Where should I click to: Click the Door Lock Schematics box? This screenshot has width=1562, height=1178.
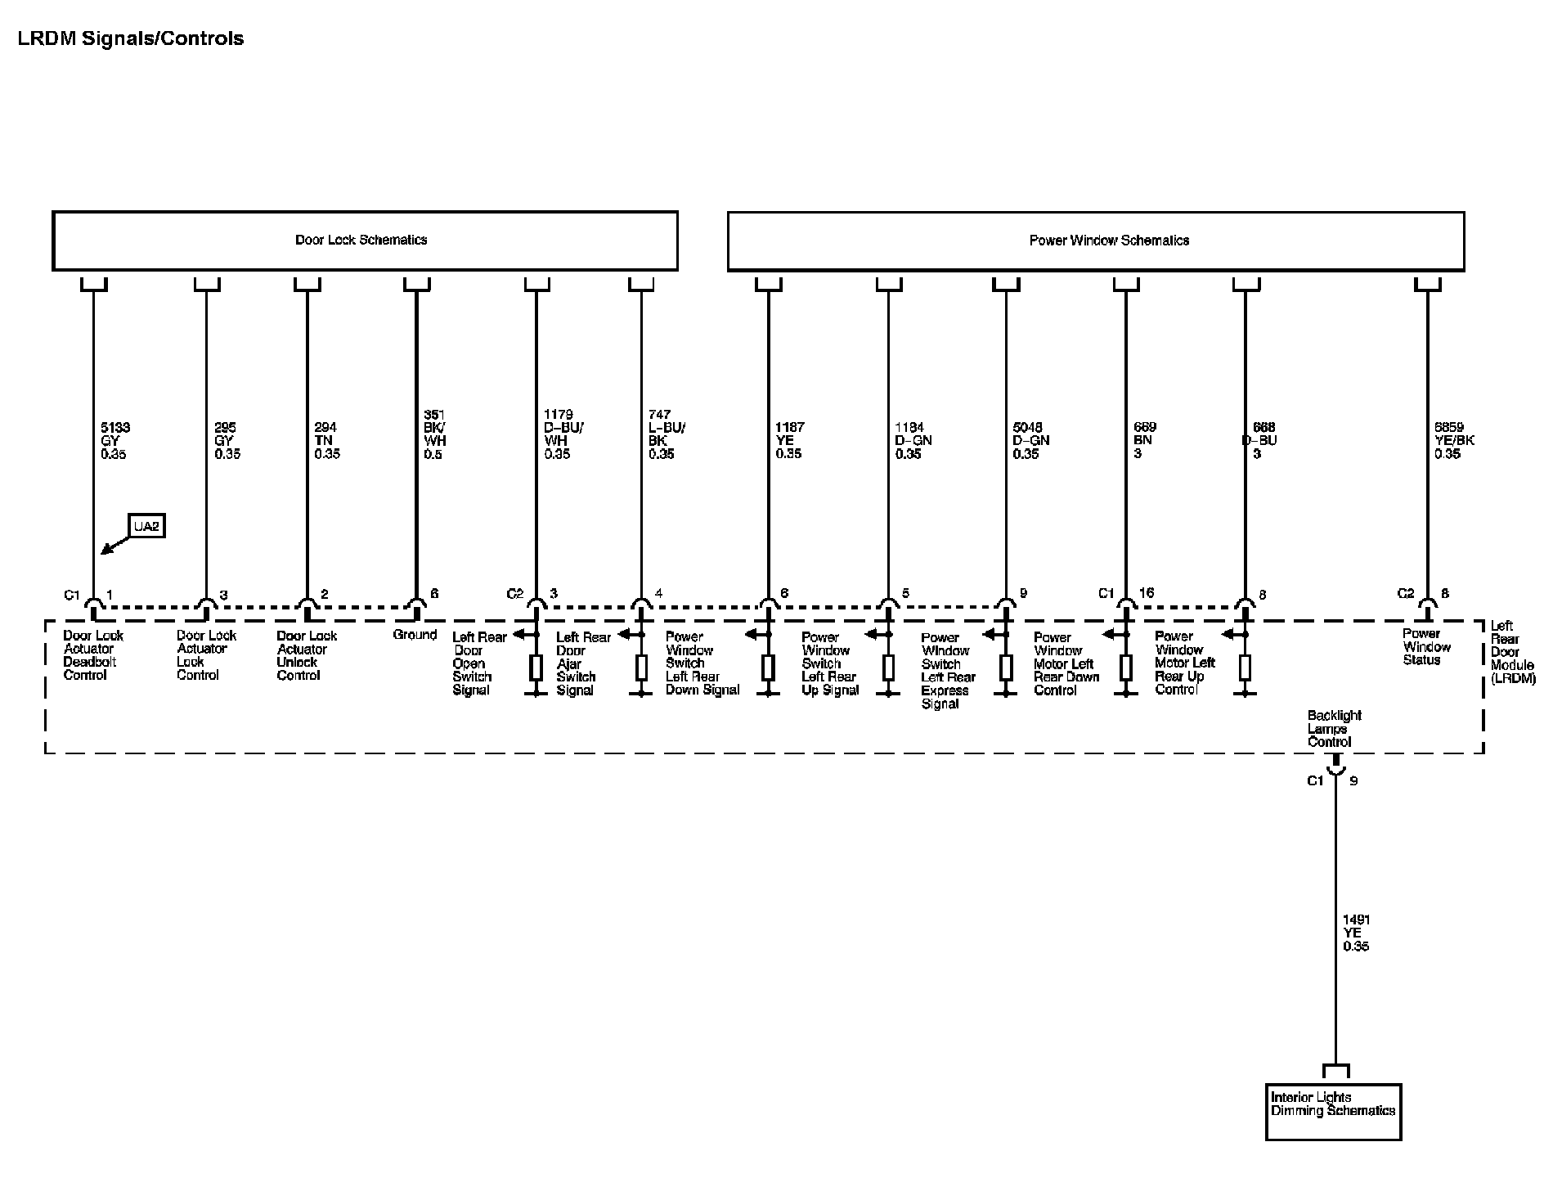[x=365, y=241]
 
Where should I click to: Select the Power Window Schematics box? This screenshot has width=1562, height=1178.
[x=1095, y=241]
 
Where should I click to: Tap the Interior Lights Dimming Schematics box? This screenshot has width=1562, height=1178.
[x=1333, y=1111]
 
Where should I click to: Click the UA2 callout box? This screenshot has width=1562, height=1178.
[x=146, y=526]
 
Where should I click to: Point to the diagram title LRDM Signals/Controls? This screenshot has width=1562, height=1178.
[x=131, y=38]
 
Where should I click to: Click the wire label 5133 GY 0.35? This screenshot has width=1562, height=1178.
[x=114, y=440]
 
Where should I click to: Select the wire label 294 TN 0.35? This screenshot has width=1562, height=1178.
[x=326, y=440]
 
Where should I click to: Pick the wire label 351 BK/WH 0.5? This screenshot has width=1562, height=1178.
[x=434, y=434]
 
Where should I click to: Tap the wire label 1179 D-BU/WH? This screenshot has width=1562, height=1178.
[x=563, y=434]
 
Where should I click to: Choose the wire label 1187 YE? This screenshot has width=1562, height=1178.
[x=789, y=440]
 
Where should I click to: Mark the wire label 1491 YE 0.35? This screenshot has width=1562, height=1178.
[x=1356, y=933]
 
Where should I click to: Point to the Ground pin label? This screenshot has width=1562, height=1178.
[x=415, y=635]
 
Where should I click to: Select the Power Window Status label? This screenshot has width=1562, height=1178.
[x=1426, y=646]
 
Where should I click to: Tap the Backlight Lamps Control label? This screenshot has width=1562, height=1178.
[x=1334, y=728]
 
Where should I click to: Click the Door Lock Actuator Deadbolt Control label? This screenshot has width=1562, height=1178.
[x=92, y=654]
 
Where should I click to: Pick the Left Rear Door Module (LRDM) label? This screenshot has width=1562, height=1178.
[x=1511, y=652]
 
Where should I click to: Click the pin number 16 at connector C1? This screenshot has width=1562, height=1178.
[x=1147, y=593]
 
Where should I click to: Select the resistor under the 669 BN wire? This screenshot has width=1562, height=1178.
[x=1125, y=668]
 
